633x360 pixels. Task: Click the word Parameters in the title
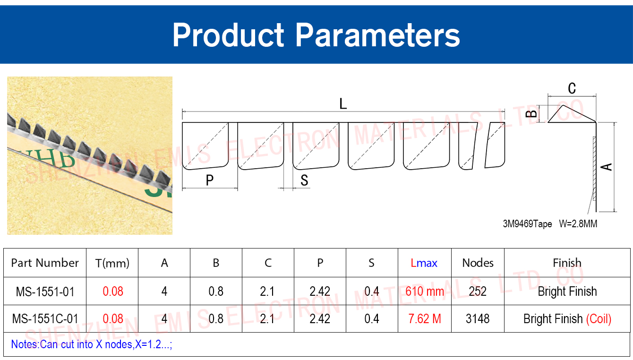pos(377,35)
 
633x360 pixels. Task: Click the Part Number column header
pos(45,263)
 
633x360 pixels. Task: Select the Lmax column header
pos(424,263)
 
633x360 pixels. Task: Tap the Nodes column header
pos(478,263)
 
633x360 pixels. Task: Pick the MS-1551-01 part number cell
pos(45,291)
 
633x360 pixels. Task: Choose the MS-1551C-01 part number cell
pos(45,319)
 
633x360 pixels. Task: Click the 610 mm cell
pos(425,291)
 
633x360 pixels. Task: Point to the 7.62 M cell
pos(425,319)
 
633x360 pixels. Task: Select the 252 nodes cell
pos(478,291)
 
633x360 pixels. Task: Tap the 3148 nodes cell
pos(478,319)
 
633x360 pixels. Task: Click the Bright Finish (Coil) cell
pos(567,319)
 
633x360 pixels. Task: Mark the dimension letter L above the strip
pos(343,104)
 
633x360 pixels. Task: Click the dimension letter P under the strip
pos(209,180)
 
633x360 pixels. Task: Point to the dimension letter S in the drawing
pos(304,180)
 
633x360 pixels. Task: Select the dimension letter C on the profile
pos(572,88)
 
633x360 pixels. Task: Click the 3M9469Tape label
pos(527,224)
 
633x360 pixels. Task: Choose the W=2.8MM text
pos(578,224)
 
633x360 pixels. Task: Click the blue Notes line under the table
pos(91,344)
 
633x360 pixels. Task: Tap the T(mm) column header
pos(112,263)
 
